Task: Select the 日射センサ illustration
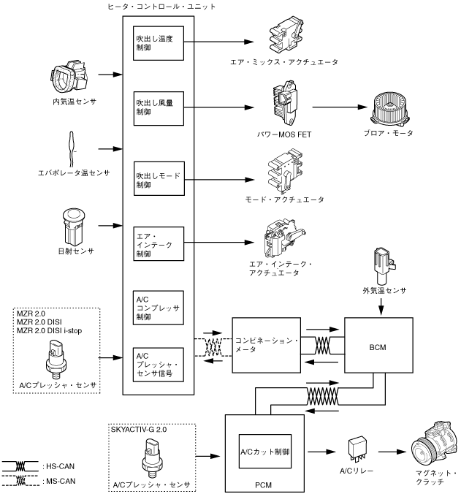click(x=74, y=225)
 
